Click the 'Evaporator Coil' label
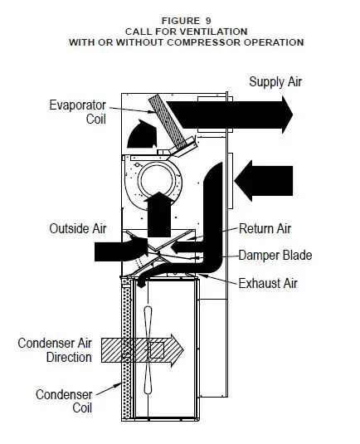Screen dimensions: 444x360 click(76, 111)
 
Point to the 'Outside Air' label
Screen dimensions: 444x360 click(73, 228)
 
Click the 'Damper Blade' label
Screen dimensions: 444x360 click(275, 256)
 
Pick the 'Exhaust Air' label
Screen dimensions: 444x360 click(267, 284)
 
